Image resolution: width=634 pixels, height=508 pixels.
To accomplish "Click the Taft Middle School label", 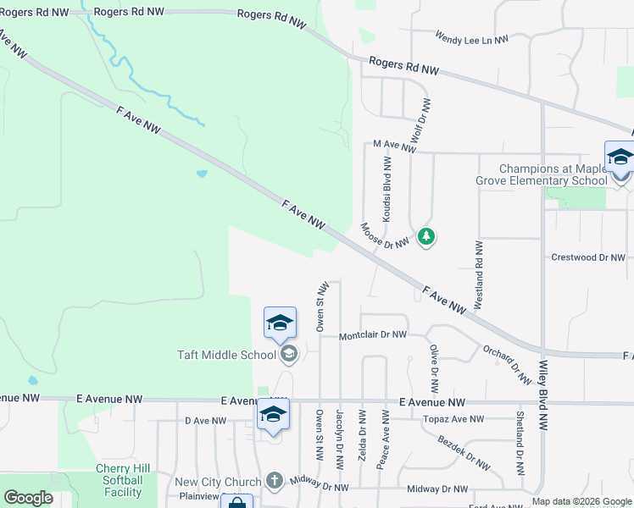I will (x=226, y=355).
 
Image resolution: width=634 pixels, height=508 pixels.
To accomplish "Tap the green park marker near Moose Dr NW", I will (x=427, y=236).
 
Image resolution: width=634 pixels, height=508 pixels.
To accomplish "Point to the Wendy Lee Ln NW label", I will (x=471, y=38).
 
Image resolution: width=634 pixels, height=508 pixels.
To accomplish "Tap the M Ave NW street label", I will (x=395, y=146).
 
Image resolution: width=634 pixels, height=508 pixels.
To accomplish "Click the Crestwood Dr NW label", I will (x=587, y=257).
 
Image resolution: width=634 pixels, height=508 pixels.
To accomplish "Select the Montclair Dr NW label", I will (x=373, y=335).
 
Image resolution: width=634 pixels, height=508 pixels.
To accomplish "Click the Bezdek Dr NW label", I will (x=464, y=452).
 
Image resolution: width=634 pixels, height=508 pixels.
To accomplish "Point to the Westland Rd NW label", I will (x=479, y=273).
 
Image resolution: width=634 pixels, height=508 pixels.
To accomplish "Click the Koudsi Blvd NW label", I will (x=387, y=193).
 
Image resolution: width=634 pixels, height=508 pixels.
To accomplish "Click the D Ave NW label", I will (x=206, y=420).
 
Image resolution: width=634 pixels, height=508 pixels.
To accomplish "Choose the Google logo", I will (x=28, y=498).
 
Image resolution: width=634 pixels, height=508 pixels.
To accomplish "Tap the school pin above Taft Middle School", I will (x=280, y=323).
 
